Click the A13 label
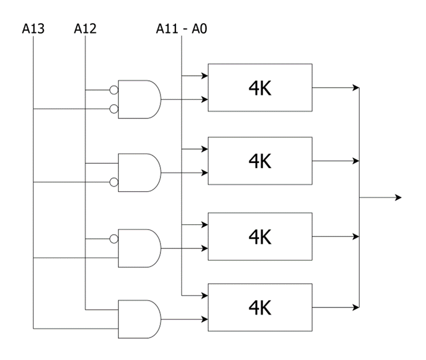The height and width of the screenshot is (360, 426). (x=33, y=28)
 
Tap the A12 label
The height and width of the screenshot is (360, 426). (x=85, y=28)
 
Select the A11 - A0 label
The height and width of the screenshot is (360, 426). (x=181, y=28)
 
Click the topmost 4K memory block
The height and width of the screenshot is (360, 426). (x=260, y=88)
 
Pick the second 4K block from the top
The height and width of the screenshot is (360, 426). (x=260, y=161)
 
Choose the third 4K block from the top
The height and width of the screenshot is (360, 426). (x=260, y=236)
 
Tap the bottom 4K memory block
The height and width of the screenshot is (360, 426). (x=260, y=307)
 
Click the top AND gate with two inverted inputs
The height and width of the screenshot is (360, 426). (x=139, y=99)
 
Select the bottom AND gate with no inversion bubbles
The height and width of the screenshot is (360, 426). (x=139, y=319)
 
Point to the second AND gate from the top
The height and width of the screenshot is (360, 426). (x=139, y=173)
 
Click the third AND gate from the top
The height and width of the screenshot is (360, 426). (x=139, y=248)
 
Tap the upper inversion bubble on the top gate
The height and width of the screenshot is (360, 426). (x=114, y=90)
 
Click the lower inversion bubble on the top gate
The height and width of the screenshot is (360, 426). (x=114, y=109)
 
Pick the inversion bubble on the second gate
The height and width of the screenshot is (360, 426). (x=114, y=182)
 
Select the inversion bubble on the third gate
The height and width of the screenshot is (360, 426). (x=114, y=239)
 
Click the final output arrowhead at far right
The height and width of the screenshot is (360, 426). (x=398, y=198)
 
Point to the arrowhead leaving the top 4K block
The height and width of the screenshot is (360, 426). (x=356, y=88)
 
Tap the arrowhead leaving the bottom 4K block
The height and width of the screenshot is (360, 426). (x=356, y=307)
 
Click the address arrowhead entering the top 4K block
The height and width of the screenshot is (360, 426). (x=204, y=76)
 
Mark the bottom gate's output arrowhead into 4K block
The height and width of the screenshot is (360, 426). (x=204, y=319)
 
